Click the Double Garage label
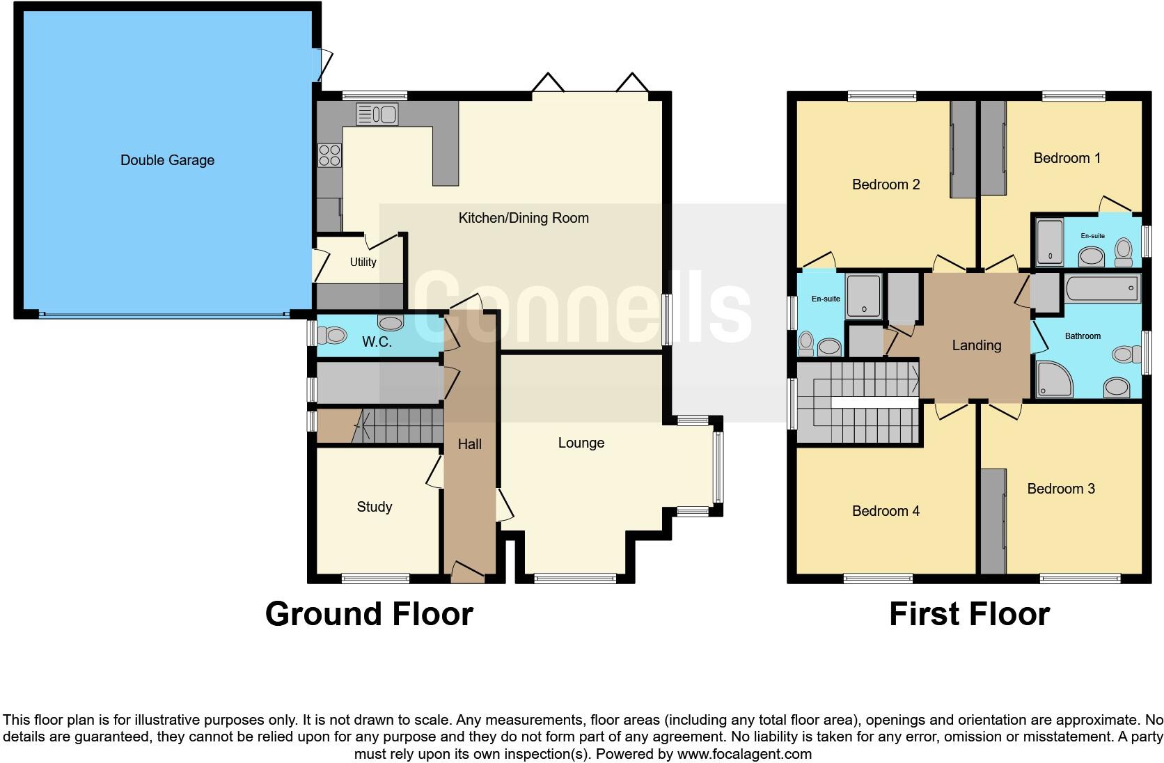(167, 160)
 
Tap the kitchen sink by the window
(377, 114)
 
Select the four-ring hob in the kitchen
(329, 155)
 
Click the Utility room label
(363, 262)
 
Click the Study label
(374, 507)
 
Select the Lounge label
(581, 443)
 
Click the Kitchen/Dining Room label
(523, 218)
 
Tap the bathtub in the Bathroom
(1102, 288)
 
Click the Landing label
(976, 345)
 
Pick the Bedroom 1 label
(1067, 158)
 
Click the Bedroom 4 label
(886, 511)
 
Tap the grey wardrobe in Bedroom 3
(993, 521)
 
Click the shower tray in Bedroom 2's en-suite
(863, 296)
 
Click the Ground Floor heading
(369, 614)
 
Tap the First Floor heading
(969, 614)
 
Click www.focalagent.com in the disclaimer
(744, 754)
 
